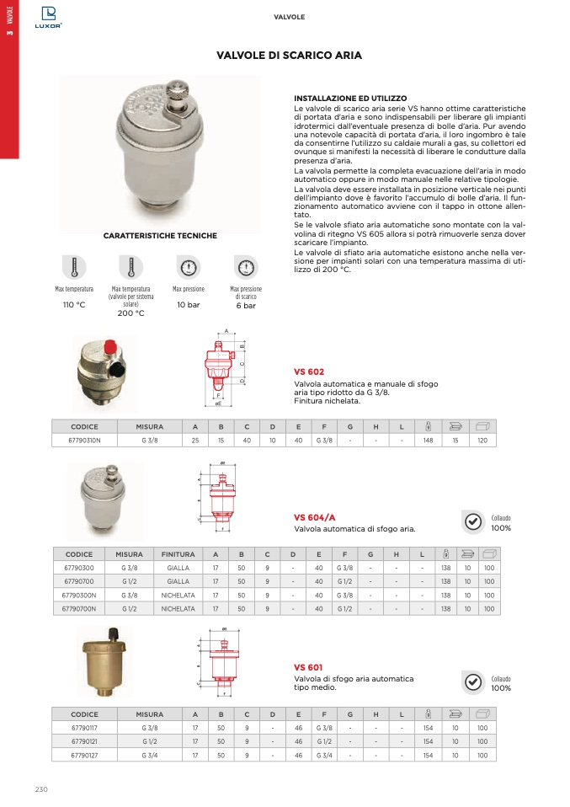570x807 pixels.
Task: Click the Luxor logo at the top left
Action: [x=48, y=16]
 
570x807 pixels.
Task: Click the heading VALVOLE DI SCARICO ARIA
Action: [x=289, y=56]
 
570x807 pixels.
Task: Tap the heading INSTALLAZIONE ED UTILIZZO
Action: [x=350, y=99]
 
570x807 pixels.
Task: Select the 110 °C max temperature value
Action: [x=74, y=304]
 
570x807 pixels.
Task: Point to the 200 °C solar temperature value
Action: [x=131, y=313]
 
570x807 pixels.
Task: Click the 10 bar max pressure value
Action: [x=188, y=304]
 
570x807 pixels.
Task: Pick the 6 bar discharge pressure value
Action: [x=245, y=305]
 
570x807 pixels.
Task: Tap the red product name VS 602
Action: [x=308, y=371]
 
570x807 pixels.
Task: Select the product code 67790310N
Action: [x=84, y=441]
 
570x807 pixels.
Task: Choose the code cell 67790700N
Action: [x=79, y=608]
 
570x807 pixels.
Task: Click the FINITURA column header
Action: [x=178, y=554]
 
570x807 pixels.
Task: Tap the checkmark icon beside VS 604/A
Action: [x=474, y=522]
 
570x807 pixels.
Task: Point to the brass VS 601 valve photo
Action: [x=104, y=665]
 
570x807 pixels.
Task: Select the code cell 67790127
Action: [x=84, y=756]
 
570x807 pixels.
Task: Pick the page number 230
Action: [x=42, y=789]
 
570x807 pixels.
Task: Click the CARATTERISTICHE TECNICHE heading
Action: [x=160, y=236]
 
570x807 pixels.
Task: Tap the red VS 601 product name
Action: [x=308, y=666]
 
